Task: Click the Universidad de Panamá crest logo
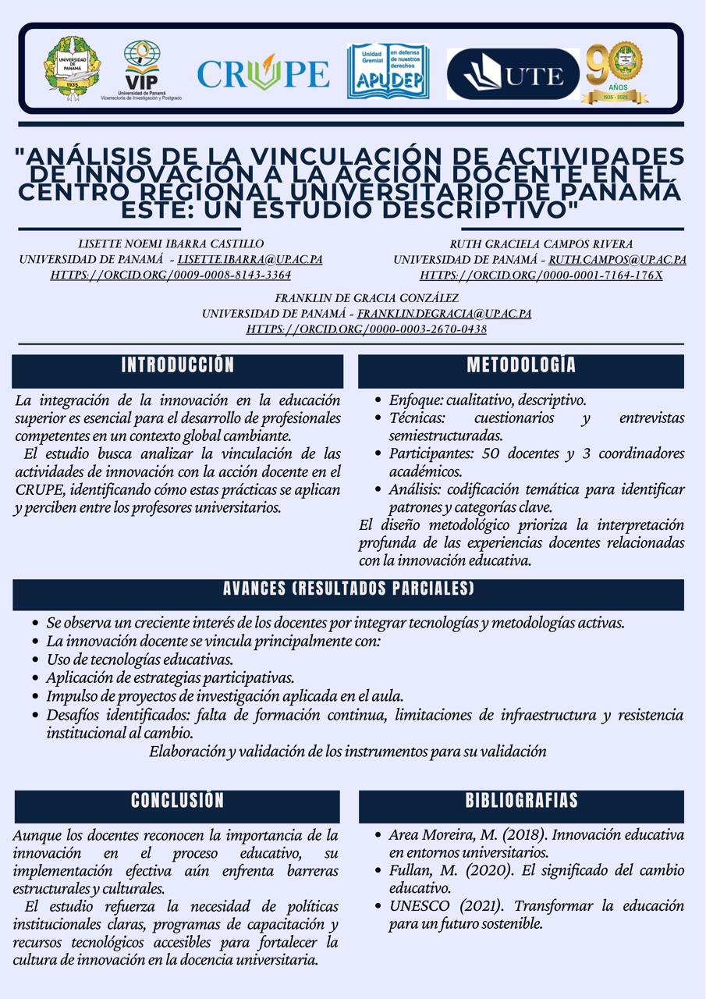pyautogui.click(x=72, y=68)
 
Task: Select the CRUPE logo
pyautogui.click(x=263, y=73)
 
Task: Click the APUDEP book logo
pyautogui.click(x=388, y=71)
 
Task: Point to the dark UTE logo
pyautogui.click(x=513, y=75)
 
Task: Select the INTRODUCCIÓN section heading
pyautogui.click(x=178, y=365)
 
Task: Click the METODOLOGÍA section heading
pyautogui.click(x=521, y=365)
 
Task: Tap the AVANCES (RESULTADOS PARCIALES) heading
pyautogui.click(x=348, y=588)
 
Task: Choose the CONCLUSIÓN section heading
pyautogui.click(x=178, y=800)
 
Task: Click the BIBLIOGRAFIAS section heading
pyautogui.click(x=521, y=801)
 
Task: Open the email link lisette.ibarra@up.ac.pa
pyautogui.click(x=250, y=259)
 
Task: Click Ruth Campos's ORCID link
pyautogui.click(x=541, y=275)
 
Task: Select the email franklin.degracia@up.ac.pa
pyautogui.click(x=444, y=314)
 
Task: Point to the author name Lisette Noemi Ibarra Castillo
pyautogui.click(x=171, y=244)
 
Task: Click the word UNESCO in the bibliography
pyautogui.click(x=420, y=906)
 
